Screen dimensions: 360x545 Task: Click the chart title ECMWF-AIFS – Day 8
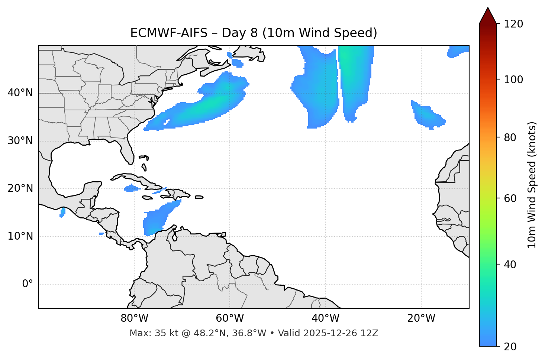(254, 33)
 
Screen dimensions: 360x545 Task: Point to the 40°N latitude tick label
(20, 93)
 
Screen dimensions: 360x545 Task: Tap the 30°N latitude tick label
(20, 141)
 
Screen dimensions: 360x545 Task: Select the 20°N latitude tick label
(20, 188)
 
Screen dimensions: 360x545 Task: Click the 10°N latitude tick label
(20, 236)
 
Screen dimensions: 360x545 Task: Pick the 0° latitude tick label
(28, 284)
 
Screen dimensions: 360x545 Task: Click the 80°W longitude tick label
(134, 318)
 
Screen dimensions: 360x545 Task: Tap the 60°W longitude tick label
(230, 318)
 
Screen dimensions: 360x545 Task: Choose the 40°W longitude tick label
(325, 318)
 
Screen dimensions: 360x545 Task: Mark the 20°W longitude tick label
(421, 318)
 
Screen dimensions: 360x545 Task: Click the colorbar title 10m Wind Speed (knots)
(532, 185)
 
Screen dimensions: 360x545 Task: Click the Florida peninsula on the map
(127, 150)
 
